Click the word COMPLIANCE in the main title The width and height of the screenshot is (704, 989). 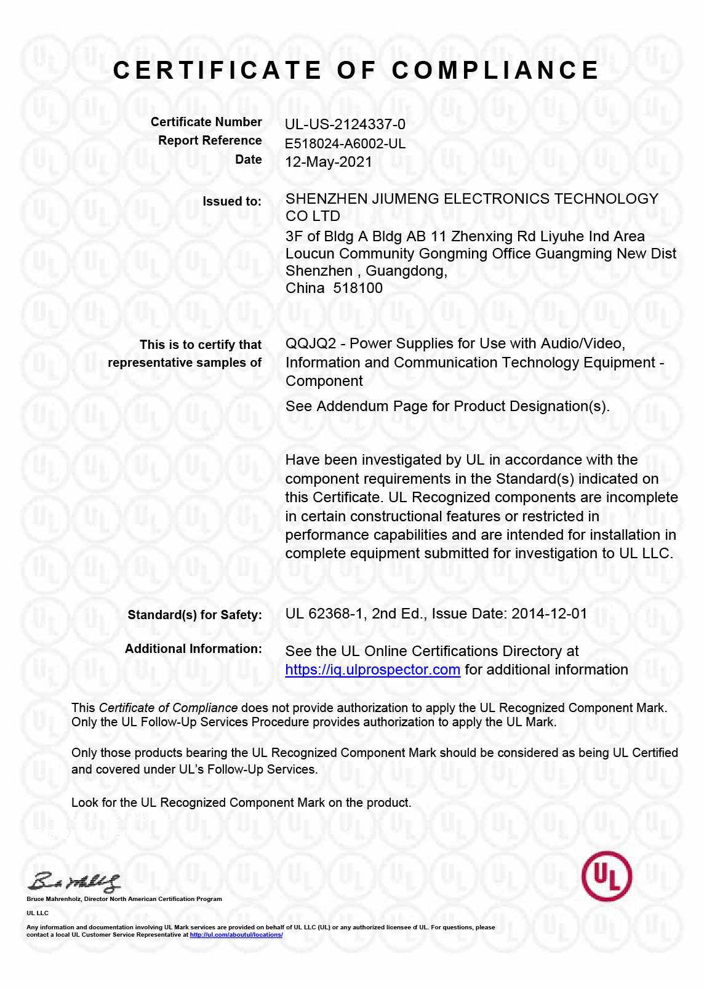(495, 71)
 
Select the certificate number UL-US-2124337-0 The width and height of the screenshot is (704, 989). (345, 124)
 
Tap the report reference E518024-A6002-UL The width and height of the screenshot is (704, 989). (345, 144)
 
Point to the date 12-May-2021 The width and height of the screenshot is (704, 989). (329, 162)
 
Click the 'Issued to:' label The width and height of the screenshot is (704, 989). (232, 201)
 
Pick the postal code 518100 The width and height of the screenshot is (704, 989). (358, 288)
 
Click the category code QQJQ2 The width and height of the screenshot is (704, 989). (311, 343)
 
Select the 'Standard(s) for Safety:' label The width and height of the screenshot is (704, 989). (194, 615)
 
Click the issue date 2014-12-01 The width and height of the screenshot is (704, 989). (549, 614)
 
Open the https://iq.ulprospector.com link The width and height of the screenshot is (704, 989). (372, 670)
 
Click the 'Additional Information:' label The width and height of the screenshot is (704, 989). (193, 649)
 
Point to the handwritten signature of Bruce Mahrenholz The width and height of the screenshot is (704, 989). (74, 883)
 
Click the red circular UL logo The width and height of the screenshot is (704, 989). (607, 876)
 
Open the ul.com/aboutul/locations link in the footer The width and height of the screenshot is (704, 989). (236, 935)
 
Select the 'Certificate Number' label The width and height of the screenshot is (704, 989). (206, 122)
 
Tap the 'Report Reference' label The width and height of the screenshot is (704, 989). (210, 140)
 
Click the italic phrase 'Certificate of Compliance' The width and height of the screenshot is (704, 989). (168, 708)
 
